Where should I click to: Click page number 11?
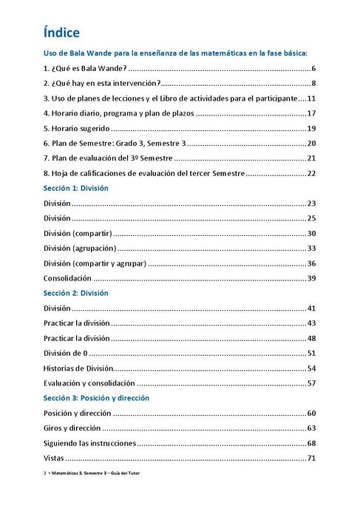[311, 98]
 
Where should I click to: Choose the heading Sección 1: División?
[76, 188]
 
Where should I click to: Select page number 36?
[311, 263]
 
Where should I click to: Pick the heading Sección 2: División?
[76, 293]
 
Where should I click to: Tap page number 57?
[311, 383]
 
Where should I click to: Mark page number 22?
[311, 173]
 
